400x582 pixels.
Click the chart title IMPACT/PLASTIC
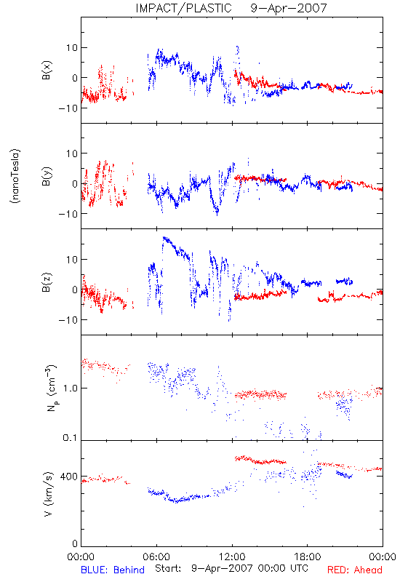[x=184, y=8]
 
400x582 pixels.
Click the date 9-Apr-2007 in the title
[x=289, y=8]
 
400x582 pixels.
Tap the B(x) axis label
[x=47, y=70]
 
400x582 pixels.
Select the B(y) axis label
[x=47, y=176]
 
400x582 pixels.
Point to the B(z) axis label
[x=47, y=282]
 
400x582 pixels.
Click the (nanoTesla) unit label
[x=15, y=176]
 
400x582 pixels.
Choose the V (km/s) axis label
[x=48, y=494]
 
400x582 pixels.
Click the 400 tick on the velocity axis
[x=69, y=477]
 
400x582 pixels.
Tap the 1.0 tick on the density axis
[x=71, y=388]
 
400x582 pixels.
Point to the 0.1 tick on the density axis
[x=70, y=438]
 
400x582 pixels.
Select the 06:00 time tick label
[x=156, y=557]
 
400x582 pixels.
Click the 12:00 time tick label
[x=232, y=557]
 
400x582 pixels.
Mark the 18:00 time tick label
[x=308, y=557]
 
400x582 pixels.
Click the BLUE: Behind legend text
[x=113, y=570]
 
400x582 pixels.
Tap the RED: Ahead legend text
[x=355, y=570]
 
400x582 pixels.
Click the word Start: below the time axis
[x=168, y=568]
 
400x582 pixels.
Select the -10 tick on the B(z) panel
[x=68, y=320]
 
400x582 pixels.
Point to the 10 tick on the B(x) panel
[x=72, y=48]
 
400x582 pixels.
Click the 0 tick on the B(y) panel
[x=75, y=184]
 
